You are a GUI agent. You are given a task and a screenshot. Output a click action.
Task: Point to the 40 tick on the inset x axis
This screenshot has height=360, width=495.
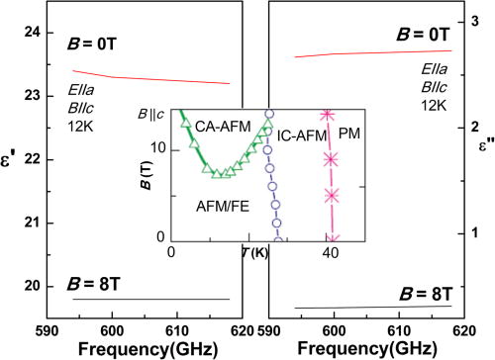click(332, 254)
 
